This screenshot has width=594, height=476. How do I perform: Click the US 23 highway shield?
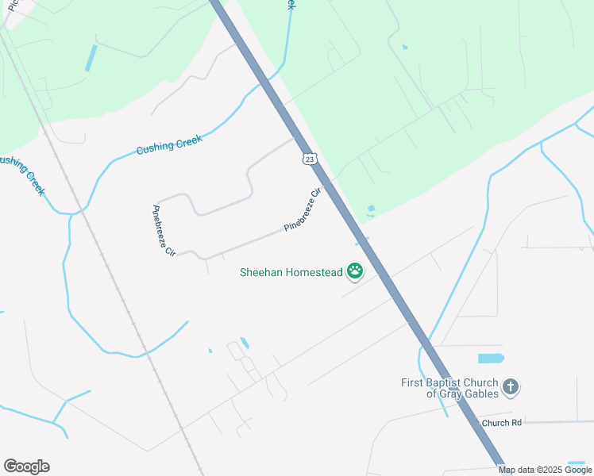[x=310, y=159]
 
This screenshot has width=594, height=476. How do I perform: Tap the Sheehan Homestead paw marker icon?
[x=355, y=272]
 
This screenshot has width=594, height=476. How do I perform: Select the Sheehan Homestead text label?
[x=291, y=273]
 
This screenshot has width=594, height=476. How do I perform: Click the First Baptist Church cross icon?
[x=510, y=388]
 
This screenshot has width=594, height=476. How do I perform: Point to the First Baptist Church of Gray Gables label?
[x=450, y=388]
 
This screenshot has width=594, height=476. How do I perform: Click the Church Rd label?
[x=500, y=423]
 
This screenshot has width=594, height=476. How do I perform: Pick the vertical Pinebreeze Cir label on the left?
[x=162, y=230]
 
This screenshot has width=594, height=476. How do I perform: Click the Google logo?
[x=26, y=466]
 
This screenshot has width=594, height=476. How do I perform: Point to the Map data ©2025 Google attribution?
[x=546, y=470]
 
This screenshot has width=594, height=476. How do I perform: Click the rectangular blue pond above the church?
[x=491, y=358]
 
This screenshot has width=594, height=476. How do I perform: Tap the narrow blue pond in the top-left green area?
[x=91, y=58]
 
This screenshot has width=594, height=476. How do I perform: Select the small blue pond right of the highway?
[x=371, y=209]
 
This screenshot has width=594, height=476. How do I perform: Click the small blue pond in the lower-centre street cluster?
[x=245, y=344]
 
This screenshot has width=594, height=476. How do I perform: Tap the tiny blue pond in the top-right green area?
[x=405, y=48]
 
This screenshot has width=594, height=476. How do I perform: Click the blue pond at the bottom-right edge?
[x=577, y=464]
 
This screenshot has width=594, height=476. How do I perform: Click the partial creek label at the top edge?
[x=291, y=5]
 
